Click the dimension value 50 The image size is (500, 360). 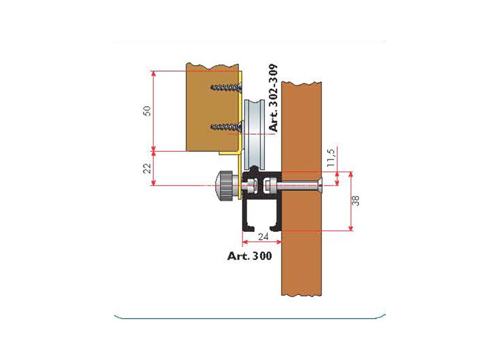(x=147, y=111)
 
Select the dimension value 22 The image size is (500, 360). (x=147, y=168)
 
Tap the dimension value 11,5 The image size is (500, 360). (x=332, y=157)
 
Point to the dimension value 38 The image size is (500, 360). (x=355, y=200)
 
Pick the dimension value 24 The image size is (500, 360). (x=263, y=237)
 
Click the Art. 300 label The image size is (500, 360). (x=250, y=256)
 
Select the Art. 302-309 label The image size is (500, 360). (x=274, y=98)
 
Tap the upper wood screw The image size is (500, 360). (x=226, y=87)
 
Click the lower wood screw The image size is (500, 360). (x=226, y=127)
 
